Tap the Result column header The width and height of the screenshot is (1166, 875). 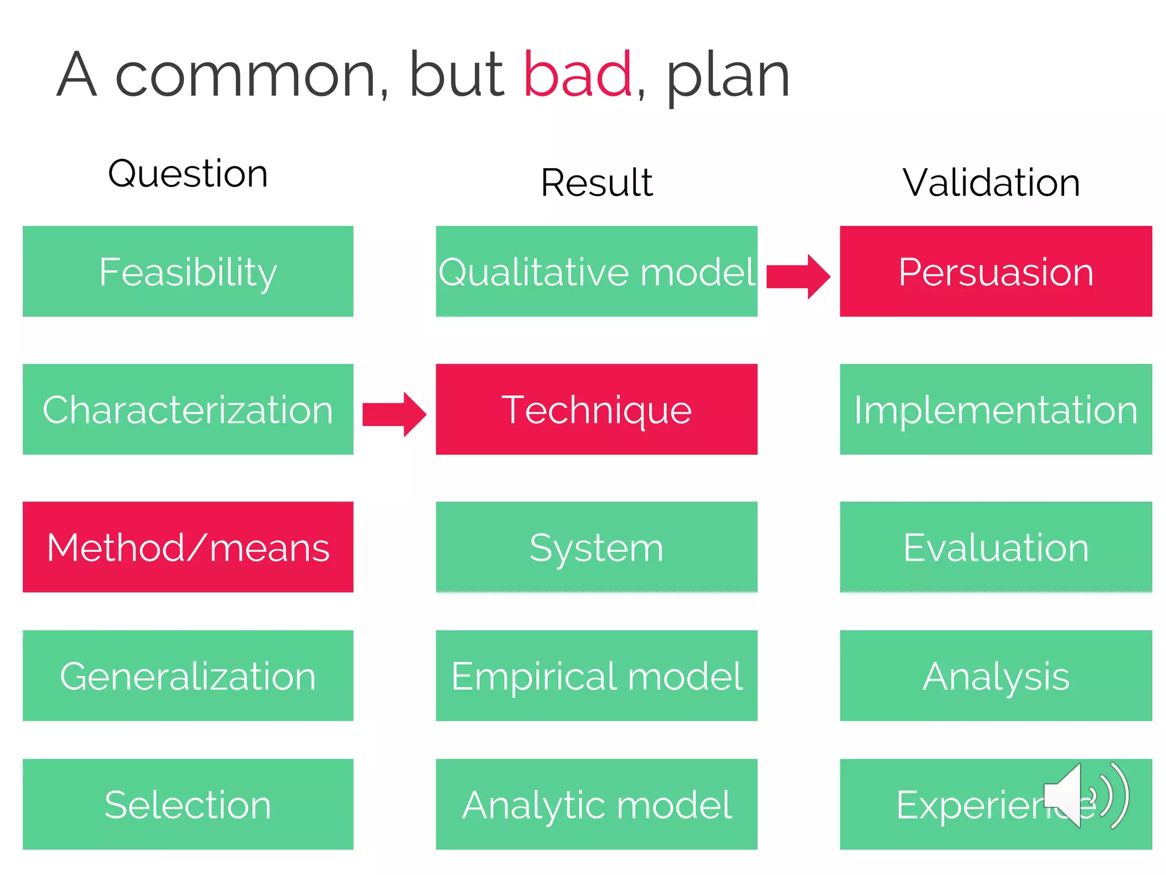tap(596, 183)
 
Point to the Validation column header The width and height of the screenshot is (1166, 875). tap(991, 183)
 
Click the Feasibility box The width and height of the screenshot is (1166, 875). tap(188, 271)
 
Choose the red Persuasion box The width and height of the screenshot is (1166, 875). tap(995, 271)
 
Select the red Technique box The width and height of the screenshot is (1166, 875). tap(596, 409)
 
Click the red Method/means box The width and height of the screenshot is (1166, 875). tap(188, 547)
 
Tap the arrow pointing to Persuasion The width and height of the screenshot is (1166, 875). tap(798, 277)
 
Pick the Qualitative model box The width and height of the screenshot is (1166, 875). tap(596, 271)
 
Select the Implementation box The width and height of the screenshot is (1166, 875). tap(995, 409)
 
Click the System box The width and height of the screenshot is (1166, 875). tap(596, 547)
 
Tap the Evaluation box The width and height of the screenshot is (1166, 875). tap(995, 547)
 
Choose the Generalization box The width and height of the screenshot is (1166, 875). tap(188, 676)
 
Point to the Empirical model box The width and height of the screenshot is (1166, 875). tap(596, 676)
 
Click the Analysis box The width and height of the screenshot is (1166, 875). tap(995, 676)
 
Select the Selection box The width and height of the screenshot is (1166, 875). tap(188, 804)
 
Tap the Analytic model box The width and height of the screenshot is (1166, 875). tap(596, 804)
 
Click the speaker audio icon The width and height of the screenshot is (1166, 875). tap(1085, 796)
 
